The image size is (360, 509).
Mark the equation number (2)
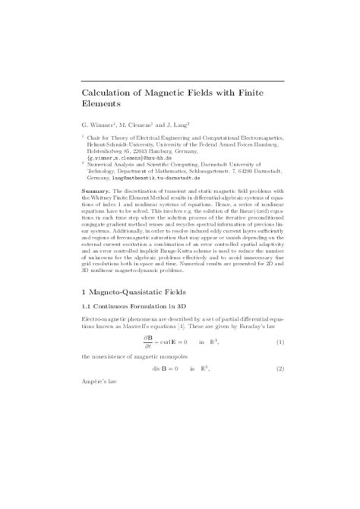tap(279, 371)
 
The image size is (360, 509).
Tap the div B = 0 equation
tap(162, 371)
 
